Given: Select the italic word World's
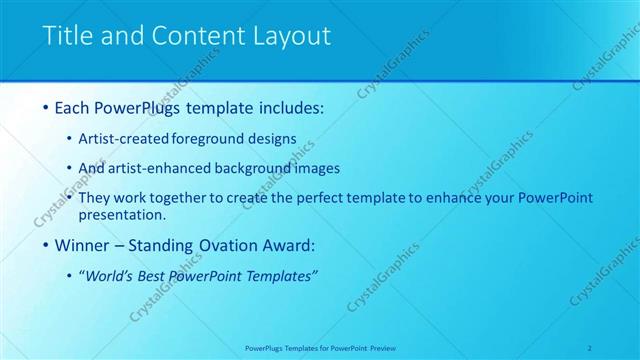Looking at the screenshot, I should [x=112, y=275].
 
